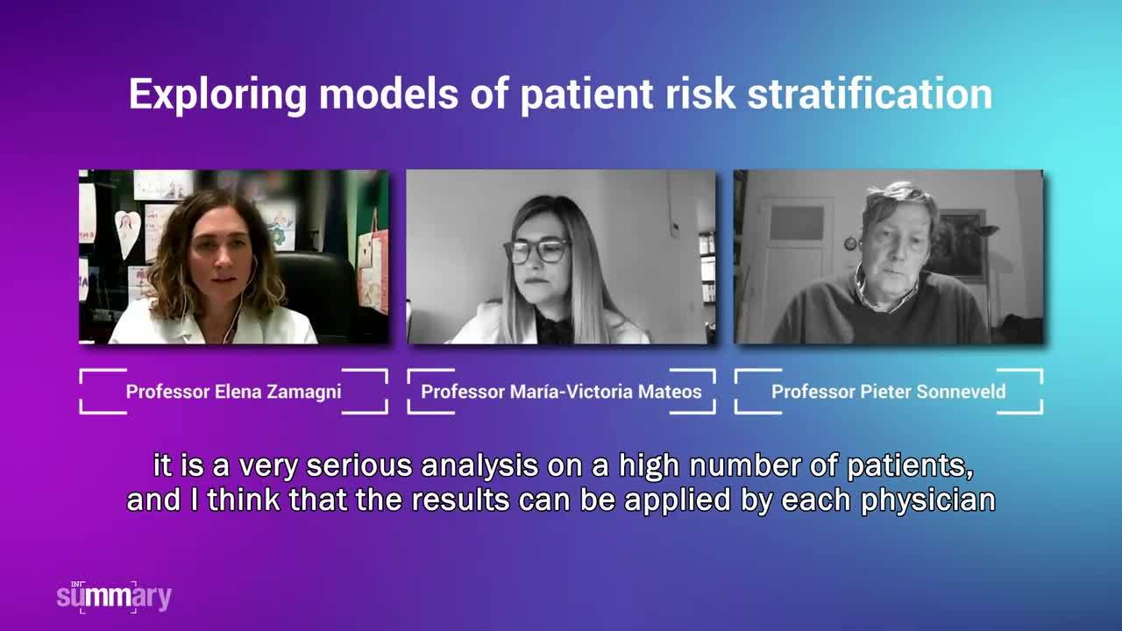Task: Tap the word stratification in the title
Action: point(870,94)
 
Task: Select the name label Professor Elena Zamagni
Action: point(233,392)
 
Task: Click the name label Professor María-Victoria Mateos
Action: point(561,392)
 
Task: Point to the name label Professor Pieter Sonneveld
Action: point(888,392)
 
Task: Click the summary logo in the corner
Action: point(114,597)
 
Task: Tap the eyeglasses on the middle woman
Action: point(537,252)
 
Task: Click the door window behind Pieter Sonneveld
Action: point(797,223)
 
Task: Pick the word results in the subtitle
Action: point(460,500)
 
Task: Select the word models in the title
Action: point(388,94)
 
